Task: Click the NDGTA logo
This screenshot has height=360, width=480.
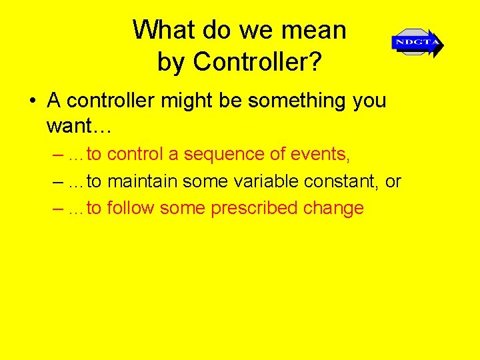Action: tap(417, 43)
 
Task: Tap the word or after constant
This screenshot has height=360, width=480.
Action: tap(393, 181)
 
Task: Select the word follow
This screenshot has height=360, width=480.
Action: tap(131, 208)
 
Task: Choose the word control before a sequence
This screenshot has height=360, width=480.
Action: tap(135, 155)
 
